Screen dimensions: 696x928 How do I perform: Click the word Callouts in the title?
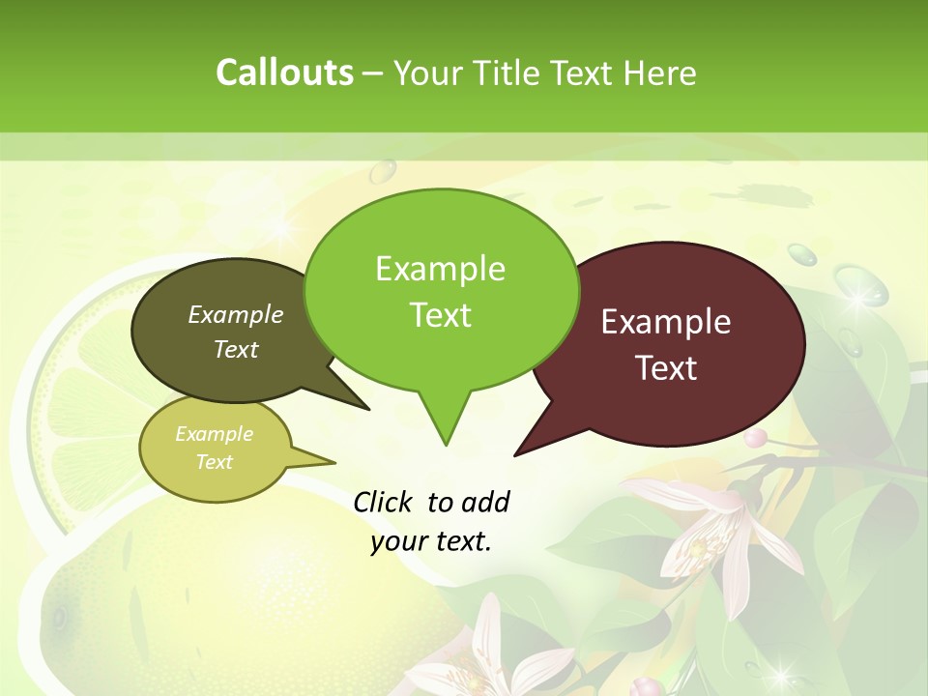(284, 72)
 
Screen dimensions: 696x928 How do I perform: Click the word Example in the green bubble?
(440, 269)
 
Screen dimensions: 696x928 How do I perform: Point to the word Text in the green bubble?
(440, 315)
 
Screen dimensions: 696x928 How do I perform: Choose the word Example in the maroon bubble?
(666, 322)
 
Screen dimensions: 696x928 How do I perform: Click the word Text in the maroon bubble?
(666, 368)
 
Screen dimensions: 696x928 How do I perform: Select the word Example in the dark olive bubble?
(236, 314)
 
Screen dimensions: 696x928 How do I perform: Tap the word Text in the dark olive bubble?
(236, 349)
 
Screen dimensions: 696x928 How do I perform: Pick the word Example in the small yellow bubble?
(214, 434)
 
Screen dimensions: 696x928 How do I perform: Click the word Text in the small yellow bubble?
(214, 462)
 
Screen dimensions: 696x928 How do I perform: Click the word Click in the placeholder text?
(384, 502)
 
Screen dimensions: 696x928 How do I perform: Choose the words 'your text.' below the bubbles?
(431, 541)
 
